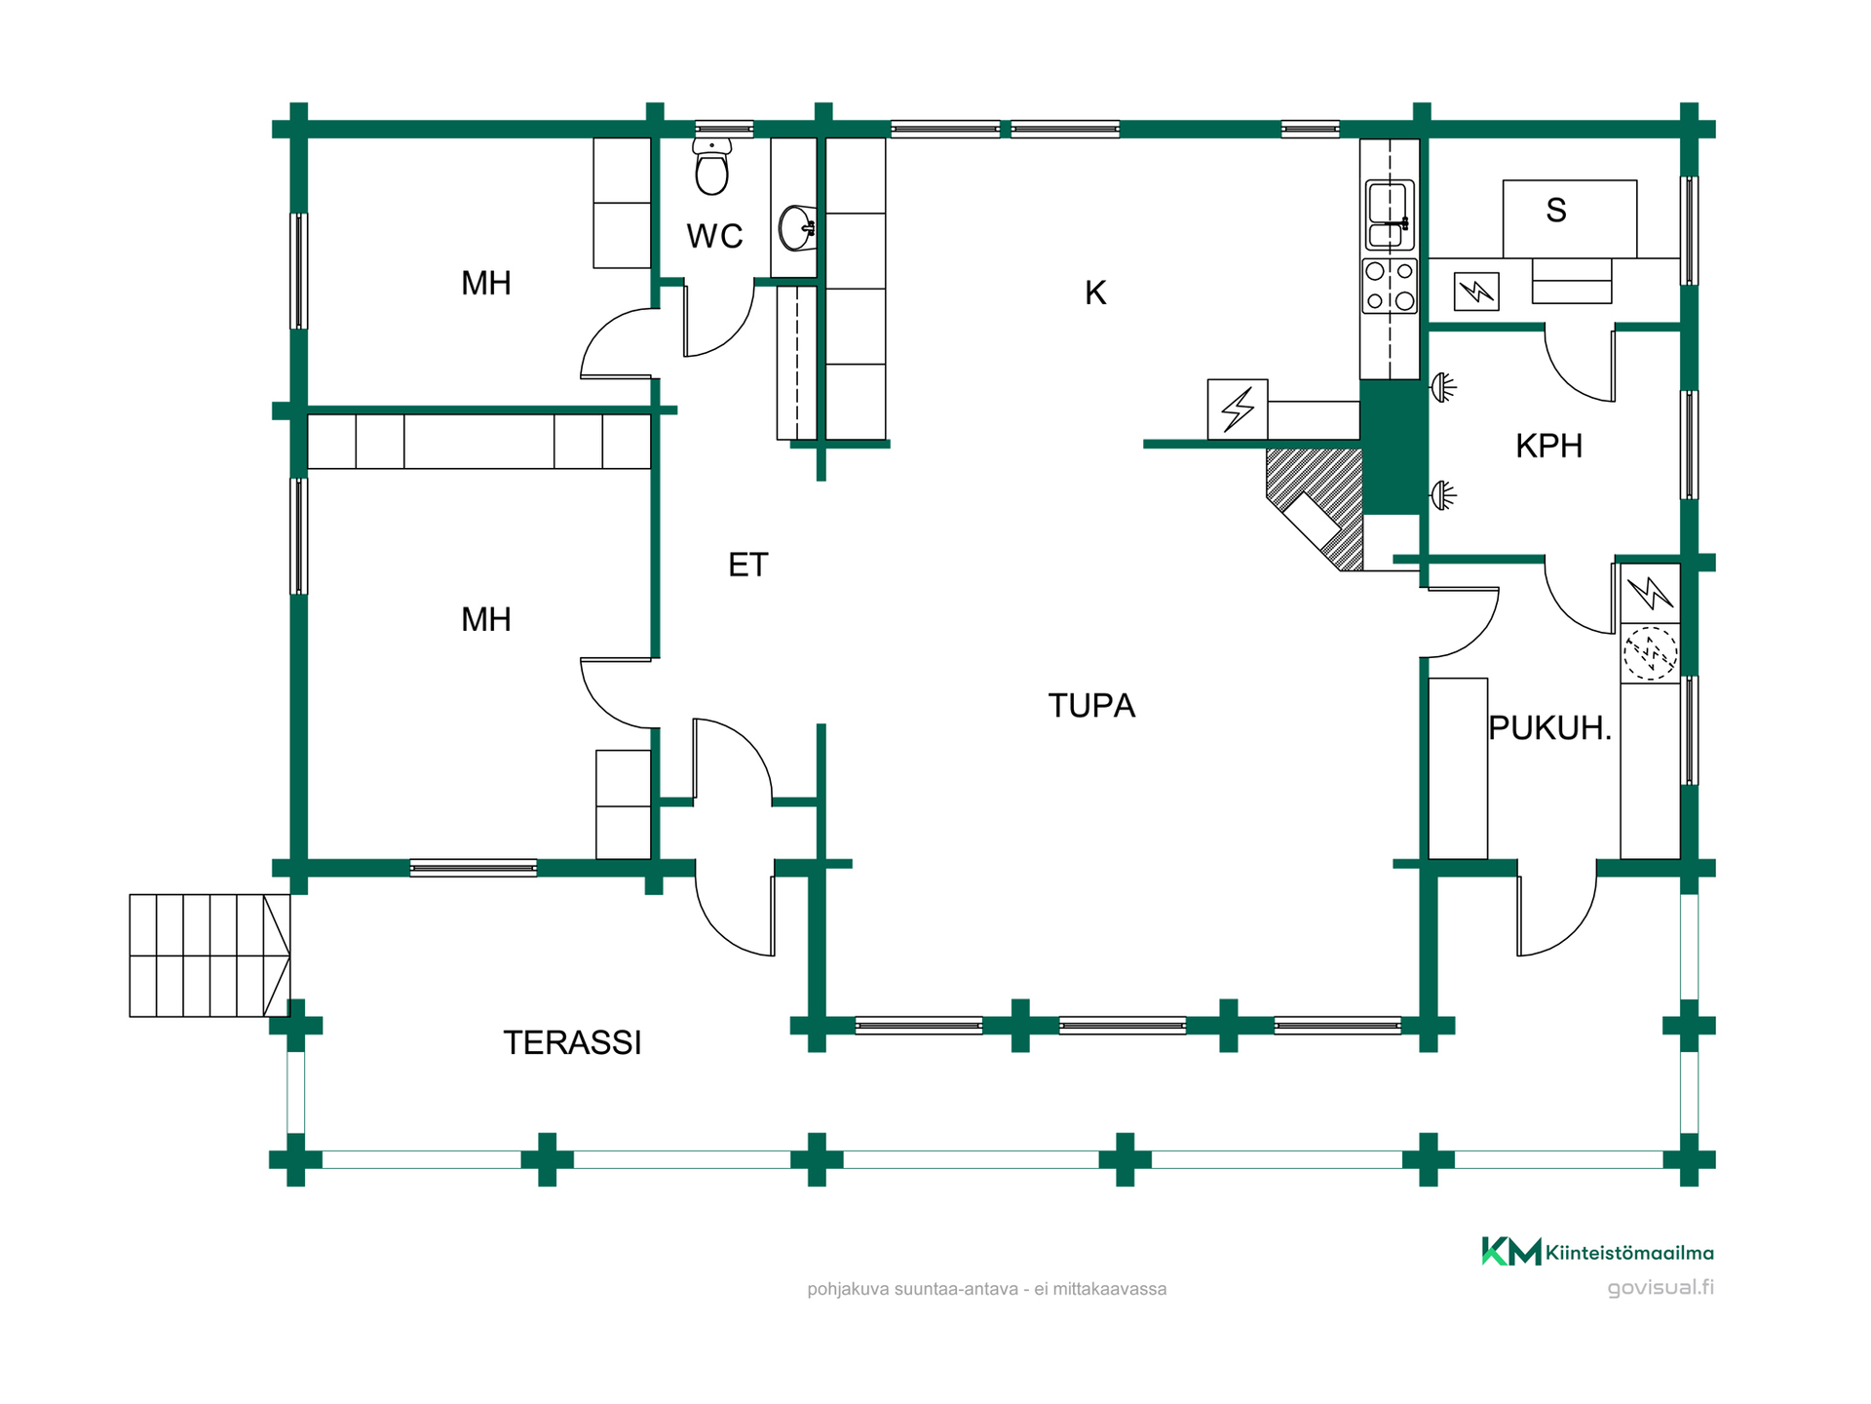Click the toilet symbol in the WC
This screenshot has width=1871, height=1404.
712,167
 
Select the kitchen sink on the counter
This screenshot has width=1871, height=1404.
1390,214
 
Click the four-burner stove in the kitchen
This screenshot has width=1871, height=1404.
1390,286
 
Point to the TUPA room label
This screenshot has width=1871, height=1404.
1091,705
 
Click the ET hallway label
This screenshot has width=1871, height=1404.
748,565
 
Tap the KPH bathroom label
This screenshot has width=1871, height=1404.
1548,446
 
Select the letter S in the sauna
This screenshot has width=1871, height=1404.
1556,210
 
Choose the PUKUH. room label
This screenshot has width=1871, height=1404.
1549,727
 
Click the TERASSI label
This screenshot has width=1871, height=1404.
572,1042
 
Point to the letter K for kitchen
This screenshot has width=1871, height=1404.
1095,292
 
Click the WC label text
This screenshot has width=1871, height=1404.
714,236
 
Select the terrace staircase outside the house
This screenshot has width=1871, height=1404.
210,955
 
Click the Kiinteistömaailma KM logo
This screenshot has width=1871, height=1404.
1511,1251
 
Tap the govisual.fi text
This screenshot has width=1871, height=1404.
1661,1287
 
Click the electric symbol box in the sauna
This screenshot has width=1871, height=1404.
1476,292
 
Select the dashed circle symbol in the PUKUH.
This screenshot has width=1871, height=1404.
1650,652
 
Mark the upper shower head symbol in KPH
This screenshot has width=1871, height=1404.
1443,388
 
